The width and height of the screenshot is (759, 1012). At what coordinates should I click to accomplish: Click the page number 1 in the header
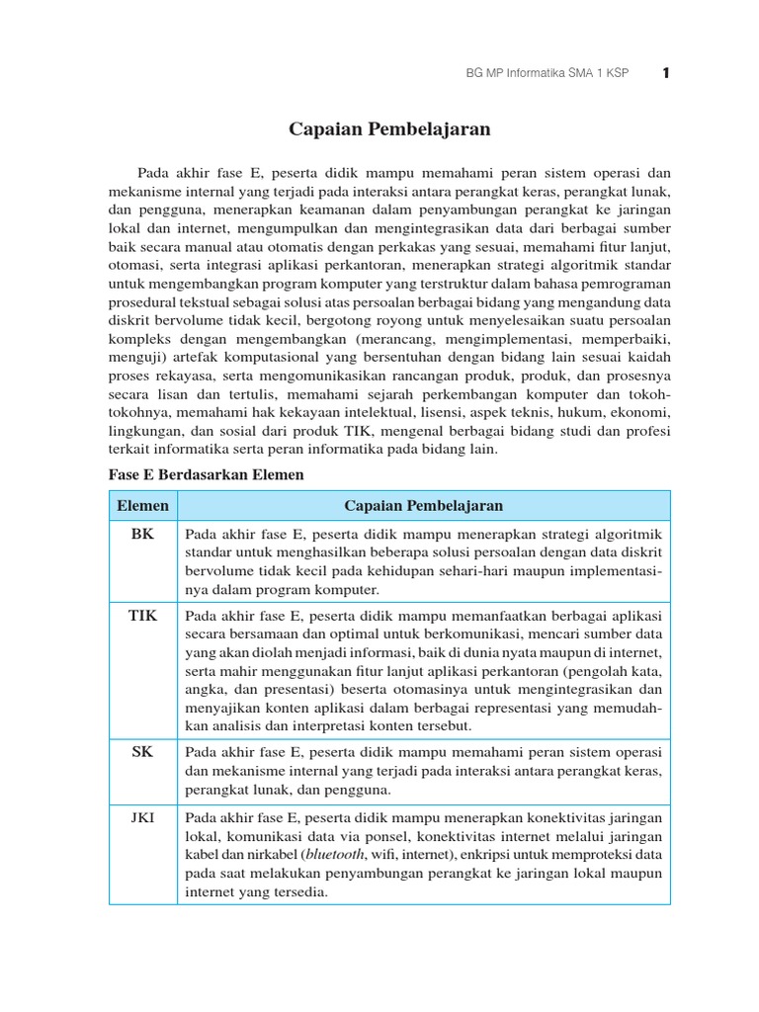(666, 72)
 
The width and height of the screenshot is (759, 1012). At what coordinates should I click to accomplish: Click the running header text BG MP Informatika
(547, 73)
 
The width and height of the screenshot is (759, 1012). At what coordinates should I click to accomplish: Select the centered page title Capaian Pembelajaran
(389, 129)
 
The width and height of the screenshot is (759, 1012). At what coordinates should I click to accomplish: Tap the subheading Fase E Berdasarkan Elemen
(206, 475)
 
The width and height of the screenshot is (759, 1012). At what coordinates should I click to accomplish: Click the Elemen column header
(143, 506)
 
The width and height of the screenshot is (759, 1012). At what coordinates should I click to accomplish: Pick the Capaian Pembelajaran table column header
(423, 506)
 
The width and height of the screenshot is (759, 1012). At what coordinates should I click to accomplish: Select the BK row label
(143, 534)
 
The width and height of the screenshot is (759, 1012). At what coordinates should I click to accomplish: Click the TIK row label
(143, 616)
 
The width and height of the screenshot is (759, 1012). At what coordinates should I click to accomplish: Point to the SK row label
(143, 751)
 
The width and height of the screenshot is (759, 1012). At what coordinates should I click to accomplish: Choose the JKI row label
(143, 818)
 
